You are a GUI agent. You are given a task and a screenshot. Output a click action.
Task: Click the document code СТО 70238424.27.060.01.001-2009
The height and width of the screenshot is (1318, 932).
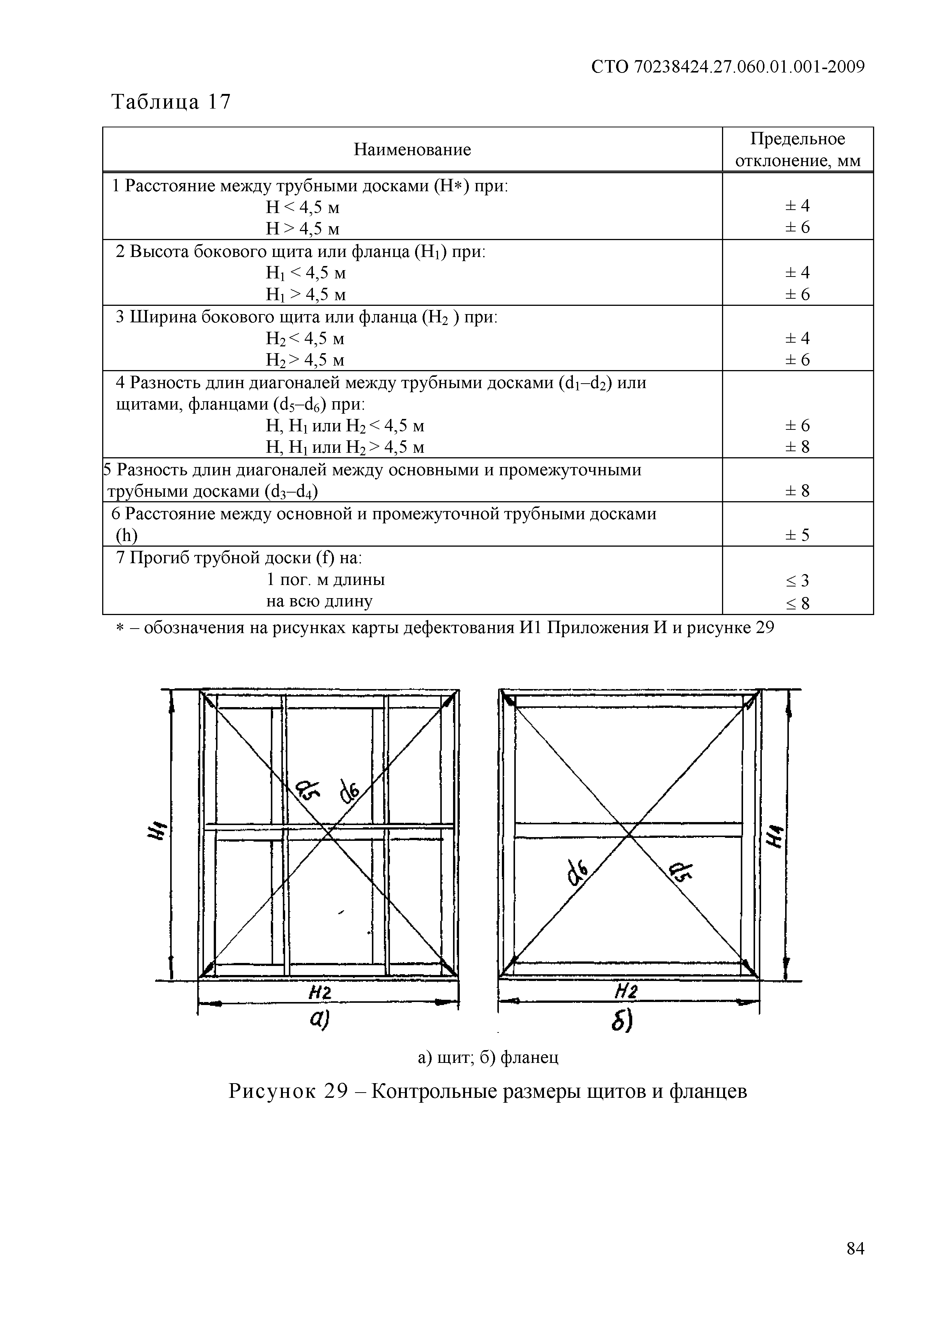click(x=727, y=67)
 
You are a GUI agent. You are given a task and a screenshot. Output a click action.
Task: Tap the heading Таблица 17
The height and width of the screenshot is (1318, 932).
click(x=171, y=102)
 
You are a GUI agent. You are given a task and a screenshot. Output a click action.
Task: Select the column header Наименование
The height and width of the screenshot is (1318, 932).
click(x=412, y=150)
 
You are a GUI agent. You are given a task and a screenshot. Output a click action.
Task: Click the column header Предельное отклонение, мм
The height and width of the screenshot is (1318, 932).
click(x=798, y=150)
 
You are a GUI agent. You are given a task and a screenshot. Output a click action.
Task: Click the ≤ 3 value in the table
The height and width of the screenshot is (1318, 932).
click(x=798, y=581)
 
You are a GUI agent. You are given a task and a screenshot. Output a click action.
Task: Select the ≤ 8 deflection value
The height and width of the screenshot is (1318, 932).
click(x=798, y=604)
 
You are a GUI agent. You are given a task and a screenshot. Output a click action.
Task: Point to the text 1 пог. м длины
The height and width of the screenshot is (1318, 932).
click(x=325, y=580)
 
